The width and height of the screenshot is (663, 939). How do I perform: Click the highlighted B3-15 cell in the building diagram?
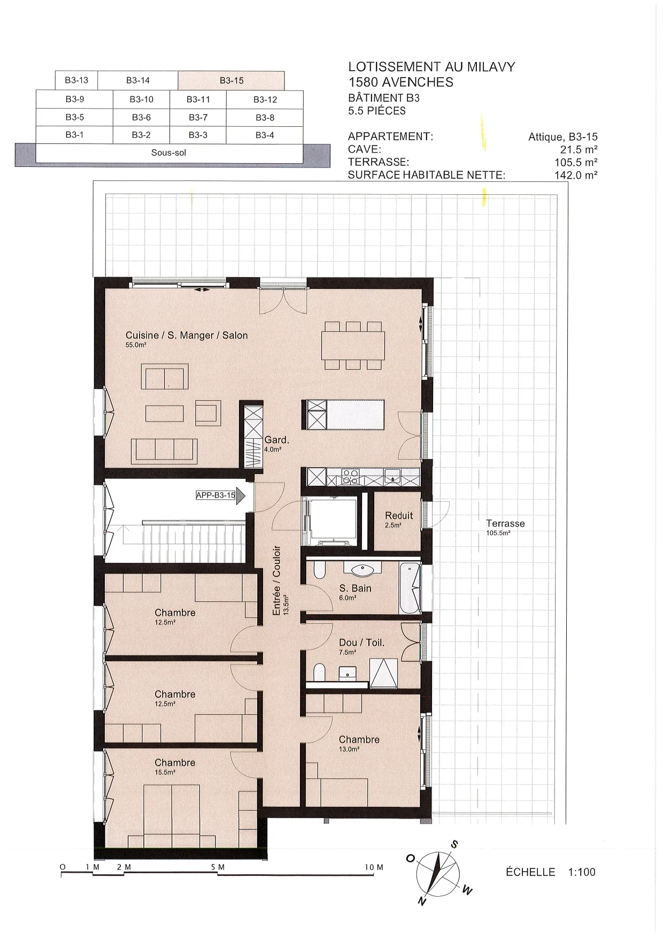pos(231,81)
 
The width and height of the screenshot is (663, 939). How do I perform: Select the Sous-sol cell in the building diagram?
pos(169,153)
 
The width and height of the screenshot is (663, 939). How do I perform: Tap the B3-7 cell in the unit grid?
pos(198,117)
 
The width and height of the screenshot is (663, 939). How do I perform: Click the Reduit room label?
pos(399,515)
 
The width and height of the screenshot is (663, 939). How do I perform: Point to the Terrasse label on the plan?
pos(505,523)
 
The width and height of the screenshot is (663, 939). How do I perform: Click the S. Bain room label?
pos(355,588)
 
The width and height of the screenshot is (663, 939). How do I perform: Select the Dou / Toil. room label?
pos(361,643)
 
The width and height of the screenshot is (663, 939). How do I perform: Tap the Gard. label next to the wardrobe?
pos(276,440)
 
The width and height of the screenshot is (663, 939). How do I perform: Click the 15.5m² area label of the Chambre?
pos(165,772)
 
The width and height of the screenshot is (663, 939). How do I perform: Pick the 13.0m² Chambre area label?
pos(349,749)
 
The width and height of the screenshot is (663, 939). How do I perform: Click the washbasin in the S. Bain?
pos(364,569)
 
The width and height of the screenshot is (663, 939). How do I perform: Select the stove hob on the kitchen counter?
pos(350,476)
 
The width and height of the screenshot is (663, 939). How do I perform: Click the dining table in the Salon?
pos(353,346)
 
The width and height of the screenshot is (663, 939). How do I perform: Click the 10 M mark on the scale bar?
pos(374,867)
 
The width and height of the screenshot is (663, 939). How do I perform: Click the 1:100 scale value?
pos(581,872)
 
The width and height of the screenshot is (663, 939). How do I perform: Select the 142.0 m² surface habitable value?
pos(576,175)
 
